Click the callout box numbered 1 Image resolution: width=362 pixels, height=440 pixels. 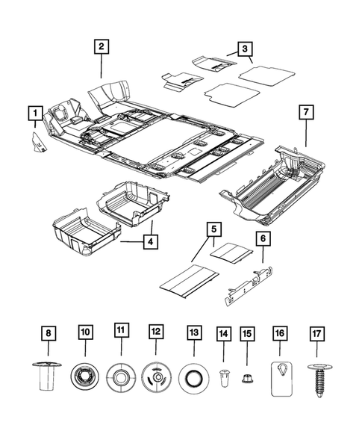[x=34, y=114]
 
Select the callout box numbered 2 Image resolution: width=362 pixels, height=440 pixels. [x=102, y=46]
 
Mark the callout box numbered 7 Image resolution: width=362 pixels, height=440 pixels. [x=306, y=112]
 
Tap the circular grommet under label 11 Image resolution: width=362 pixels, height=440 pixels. [x=120, y=375]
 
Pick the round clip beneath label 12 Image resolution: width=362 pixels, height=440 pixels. [x=156, y=375]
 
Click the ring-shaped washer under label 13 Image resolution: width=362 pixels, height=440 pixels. [x=193, y=375]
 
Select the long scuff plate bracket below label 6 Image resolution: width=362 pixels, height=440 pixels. [x=246, y=285]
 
